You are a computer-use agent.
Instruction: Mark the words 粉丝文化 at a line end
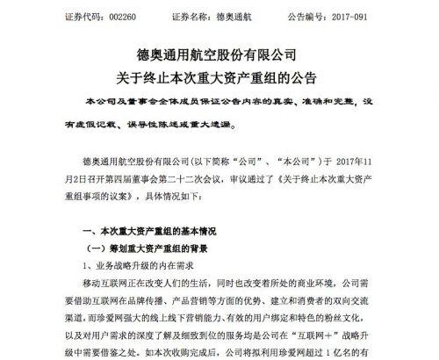click(x=403, y=312)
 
